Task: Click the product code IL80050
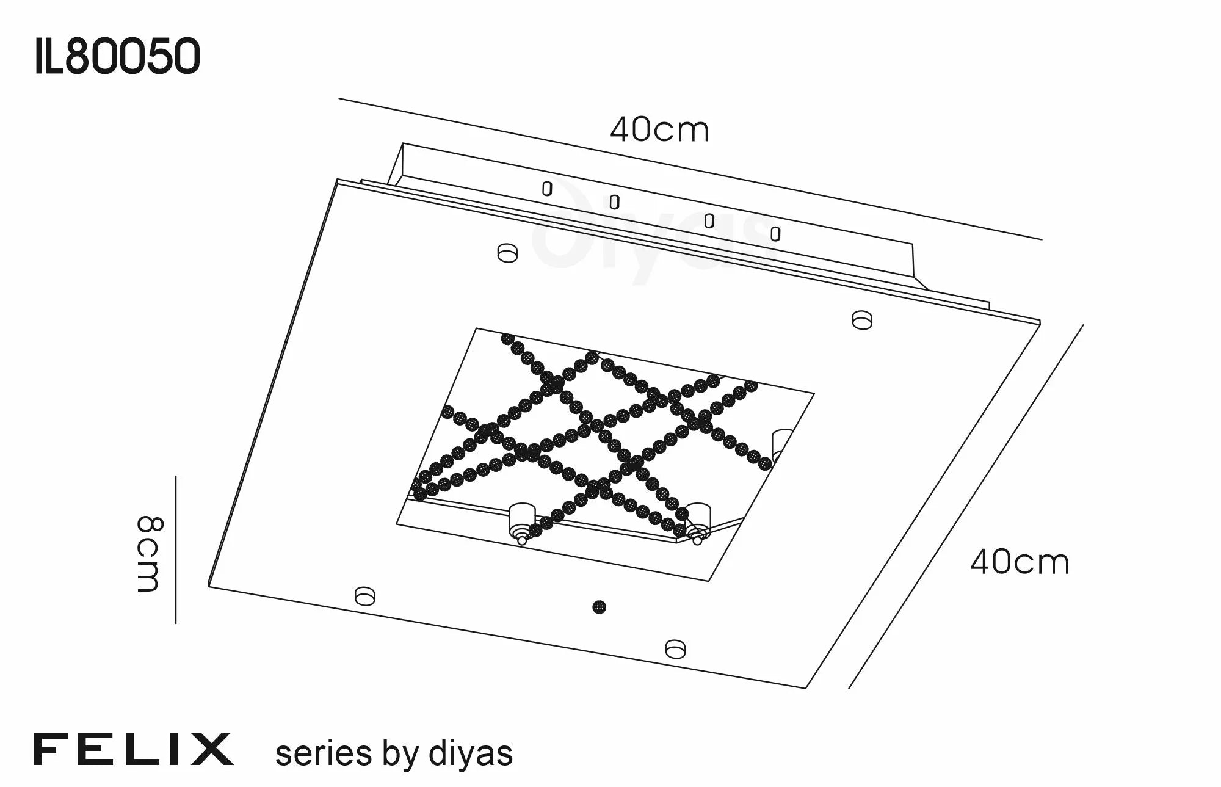(x=117, y=56)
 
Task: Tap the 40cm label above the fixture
(x=659, y=130)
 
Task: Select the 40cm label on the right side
(x=1020, y=563)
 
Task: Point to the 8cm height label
(x=148, y=554)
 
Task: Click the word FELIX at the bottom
(x=133, y=749)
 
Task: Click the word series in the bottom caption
(x=324, y=754)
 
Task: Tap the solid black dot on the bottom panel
(x=600, y=607)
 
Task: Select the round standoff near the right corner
(x=862, y=320)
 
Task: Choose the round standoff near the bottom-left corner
(x=364, y=595)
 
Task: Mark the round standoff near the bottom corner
(x=675, y=648)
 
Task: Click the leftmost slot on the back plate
(x=547, y=189)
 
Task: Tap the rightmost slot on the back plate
(x=775, y=234)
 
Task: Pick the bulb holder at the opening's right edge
(x=781, y=444)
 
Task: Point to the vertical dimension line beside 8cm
(x=176, y=549)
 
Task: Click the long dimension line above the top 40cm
(x=690, y=169)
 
